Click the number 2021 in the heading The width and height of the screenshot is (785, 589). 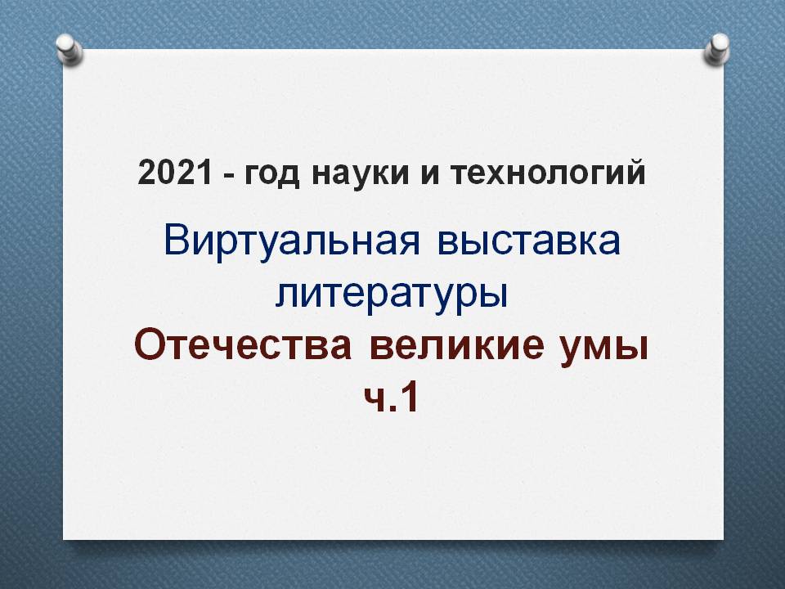175,173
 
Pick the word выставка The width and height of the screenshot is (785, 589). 529,242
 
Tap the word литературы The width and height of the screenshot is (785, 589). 392,295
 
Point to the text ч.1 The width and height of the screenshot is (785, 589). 392,398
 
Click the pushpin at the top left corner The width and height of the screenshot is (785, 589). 69,49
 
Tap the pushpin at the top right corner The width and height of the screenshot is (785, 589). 717,49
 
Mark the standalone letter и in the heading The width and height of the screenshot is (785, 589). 430,175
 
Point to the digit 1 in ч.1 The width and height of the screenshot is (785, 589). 409,398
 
